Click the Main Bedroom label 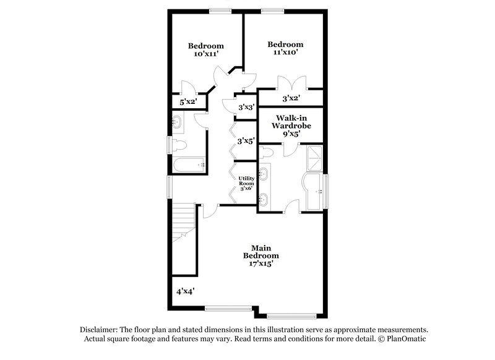coord(260,251)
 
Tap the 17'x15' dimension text coord(260,262)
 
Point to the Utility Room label coord(246,182)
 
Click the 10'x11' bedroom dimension coord(205,54)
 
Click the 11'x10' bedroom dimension coord(285,53)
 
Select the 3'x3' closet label coord(247,107)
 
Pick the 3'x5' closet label coord(247,140)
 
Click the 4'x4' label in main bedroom coord(186,290)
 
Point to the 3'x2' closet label coord(291,98)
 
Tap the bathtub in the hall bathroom coord(189,165)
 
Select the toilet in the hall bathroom coord(179,145)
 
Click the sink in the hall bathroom coord(178,122)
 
